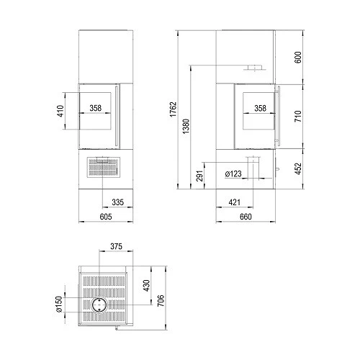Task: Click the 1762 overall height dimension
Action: click(x=174, y=109)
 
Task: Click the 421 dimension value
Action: click(x=234, y=202)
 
